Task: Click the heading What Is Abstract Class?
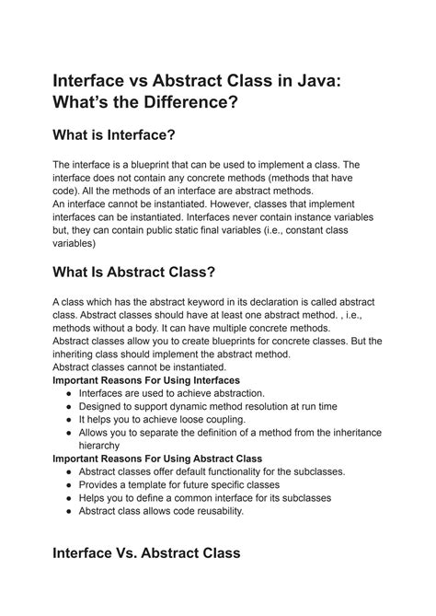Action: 134,273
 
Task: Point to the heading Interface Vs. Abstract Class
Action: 146,552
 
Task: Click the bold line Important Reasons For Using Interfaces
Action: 146,379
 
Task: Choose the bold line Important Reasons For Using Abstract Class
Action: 157,458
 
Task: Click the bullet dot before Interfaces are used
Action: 71,392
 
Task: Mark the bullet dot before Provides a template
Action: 71,483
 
